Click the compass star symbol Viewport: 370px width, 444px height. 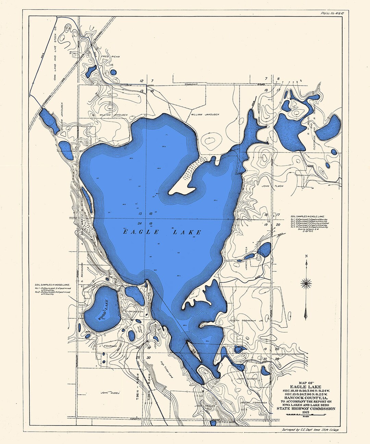pos(306,283)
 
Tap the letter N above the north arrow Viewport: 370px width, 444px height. pos(306,256)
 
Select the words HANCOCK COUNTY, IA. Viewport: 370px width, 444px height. pos(306,398)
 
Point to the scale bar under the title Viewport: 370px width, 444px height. pos(306,416)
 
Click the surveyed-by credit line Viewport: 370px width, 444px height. pos(310,429)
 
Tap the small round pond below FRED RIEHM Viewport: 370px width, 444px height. pos(113,72)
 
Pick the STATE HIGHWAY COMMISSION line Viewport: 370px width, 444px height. pos(306,408)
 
